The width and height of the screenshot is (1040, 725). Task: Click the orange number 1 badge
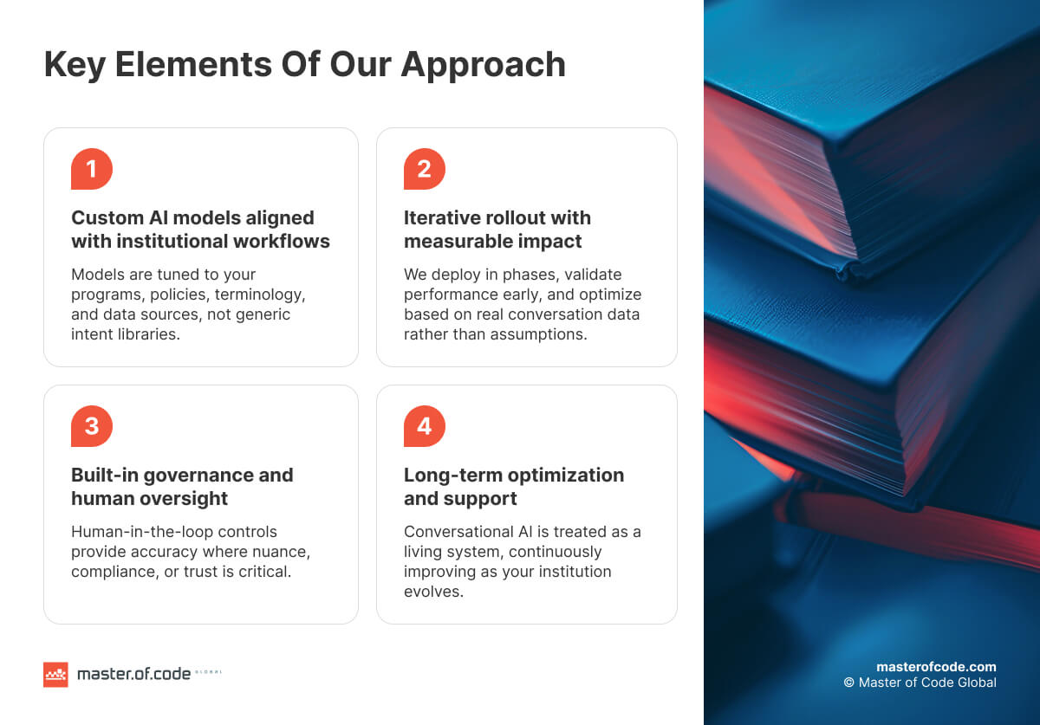point(92,169)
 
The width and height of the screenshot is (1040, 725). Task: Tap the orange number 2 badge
point(425,169)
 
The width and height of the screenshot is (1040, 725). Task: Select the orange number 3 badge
point(92,426)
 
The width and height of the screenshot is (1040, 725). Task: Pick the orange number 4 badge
point(425,426)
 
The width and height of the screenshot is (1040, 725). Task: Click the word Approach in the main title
point(484,66)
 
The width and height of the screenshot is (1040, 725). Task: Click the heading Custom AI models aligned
point(192,218)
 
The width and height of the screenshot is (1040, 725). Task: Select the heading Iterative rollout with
point(497,218)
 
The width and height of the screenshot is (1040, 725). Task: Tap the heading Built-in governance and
point(182,476)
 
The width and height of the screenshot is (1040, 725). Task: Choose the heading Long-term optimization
point(514,476)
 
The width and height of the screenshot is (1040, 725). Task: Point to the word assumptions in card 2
point(541,334)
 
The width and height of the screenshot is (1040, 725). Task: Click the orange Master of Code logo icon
point(55,674)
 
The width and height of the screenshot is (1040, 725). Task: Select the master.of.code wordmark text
point(133,674)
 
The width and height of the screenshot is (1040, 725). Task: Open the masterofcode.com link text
point(936,667)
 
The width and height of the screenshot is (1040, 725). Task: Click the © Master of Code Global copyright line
point(920,683)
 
